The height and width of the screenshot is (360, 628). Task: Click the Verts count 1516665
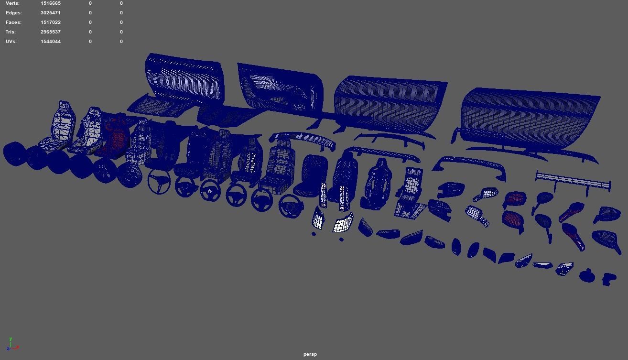point(50,3)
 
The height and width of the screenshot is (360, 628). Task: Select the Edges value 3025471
point(50,13)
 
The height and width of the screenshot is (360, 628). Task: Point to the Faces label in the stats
point(13,22)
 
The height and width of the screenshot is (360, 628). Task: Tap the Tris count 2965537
point(50,32)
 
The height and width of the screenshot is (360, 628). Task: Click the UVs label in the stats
point(11,42)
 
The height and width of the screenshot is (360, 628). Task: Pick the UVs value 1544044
point(50,42)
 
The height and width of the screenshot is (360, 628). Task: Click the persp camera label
point(310,354)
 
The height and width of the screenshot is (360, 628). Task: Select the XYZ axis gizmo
point(11,344)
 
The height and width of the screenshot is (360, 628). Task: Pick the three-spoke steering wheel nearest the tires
point(159,182)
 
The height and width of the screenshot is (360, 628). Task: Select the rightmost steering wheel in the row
point(291,206)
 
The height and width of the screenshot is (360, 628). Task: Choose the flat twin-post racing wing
point(573,181)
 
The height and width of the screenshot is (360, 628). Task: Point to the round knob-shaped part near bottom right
point(587,276)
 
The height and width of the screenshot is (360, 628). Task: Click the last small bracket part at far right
point(609,279)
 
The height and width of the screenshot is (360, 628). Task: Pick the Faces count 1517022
point(50,22)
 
